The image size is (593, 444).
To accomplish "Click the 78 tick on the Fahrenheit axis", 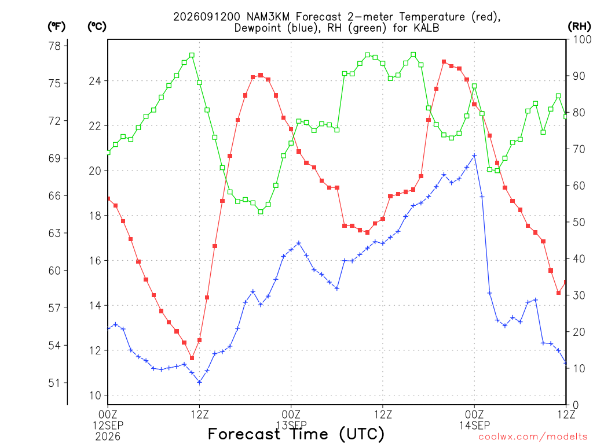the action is [54, 46].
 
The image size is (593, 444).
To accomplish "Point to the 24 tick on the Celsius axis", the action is [95, 81].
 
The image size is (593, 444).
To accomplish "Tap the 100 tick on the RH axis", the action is [582, 39].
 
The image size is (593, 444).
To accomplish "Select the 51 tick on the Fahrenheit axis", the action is [54, 383].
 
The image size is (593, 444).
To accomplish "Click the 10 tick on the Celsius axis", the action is [95, 395].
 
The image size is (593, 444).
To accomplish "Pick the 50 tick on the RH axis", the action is [579, 222].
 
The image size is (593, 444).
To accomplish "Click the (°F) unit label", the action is [56, 27].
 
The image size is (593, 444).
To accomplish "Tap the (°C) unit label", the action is [97, 27].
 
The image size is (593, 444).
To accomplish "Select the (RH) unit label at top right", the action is [579, 27].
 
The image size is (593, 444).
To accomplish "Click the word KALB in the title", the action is [426, 28].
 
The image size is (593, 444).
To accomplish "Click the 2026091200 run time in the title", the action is [207, 17].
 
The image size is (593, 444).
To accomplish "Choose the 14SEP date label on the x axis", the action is [475, 425].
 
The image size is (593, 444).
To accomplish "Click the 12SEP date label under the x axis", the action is [108, 425].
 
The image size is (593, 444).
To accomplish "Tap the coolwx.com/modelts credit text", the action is [533, 437].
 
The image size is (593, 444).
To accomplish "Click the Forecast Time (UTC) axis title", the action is [296, 434].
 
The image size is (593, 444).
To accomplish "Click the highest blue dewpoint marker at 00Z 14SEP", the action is [475, 156].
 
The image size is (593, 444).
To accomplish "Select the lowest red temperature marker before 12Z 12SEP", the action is [192, 358].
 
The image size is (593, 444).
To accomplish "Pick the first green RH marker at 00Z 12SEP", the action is [108, 153].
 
